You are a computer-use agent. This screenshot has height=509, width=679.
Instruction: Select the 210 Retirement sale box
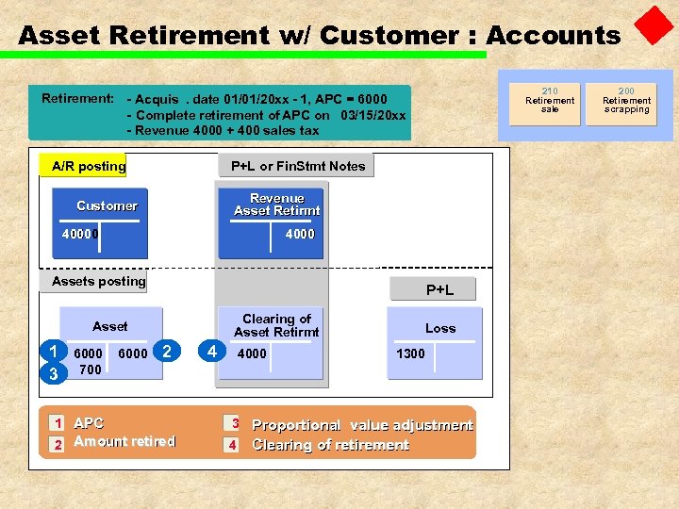pos(550,101)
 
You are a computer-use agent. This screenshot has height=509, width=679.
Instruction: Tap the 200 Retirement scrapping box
pos(627,101)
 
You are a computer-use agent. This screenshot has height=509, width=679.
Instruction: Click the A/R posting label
pos(89,167)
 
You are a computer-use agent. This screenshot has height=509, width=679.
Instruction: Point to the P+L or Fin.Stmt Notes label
pos(298,167)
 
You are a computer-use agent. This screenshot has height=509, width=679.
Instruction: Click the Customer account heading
pos(107,205)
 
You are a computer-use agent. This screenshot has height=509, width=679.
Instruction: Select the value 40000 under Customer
pos(81,234)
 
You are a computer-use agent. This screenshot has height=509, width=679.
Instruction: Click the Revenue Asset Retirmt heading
pos(277,205)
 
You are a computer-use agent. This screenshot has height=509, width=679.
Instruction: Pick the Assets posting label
pos(99,281)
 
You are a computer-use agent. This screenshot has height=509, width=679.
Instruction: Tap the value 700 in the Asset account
pos(90,369)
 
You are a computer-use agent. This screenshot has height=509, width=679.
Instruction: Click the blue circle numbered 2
pos(167,352)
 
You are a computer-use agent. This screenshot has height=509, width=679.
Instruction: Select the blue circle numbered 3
pos(54,373)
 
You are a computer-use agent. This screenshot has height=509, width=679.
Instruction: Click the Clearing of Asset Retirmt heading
pos(277,325)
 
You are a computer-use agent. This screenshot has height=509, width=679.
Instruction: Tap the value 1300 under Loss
pos(410,353)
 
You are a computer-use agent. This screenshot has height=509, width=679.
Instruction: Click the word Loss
pos(440,328)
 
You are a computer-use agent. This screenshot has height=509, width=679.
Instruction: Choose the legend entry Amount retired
pos(124,441)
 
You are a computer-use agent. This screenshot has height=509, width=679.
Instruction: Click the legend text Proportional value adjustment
pos(362,425)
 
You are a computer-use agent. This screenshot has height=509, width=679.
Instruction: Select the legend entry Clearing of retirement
pos(330,445)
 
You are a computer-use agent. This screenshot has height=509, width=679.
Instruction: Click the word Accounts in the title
pos(553,36)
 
